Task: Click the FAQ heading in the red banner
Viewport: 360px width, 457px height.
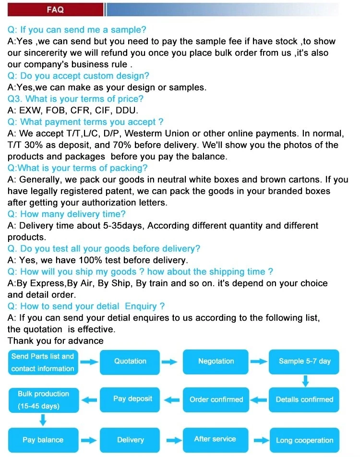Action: click(55, 9)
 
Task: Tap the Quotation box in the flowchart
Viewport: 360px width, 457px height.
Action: click(130, 361)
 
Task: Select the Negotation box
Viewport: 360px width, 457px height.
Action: click(216, 361)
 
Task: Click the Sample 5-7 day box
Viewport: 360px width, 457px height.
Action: click(304, 361)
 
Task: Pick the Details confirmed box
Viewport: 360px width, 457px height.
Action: click(304, 399)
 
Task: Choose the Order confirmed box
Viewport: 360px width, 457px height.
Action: click(216, 399)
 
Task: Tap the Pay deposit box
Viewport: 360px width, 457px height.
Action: click(132, 399)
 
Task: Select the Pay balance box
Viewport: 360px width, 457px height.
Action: click(43, 440)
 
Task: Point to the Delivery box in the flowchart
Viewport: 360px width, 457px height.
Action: click(130, 440)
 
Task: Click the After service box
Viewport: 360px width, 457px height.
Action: click(215, 439)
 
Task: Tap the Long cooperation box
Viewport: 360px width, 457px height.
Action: click(304, 440)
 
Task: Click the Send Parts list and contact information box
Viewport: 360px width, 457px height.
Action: click(43, 362)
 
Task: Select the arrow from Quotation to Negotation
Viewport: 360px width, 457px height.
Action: click(169, 362)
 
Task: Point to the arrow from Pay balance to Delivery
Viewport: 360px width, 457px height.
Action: click(87, 440)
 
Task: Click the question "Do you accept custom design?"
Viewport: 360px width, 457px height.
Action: click(78, 76)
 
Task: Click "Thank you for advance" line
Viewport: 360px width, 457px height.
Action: click(55, 341)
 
